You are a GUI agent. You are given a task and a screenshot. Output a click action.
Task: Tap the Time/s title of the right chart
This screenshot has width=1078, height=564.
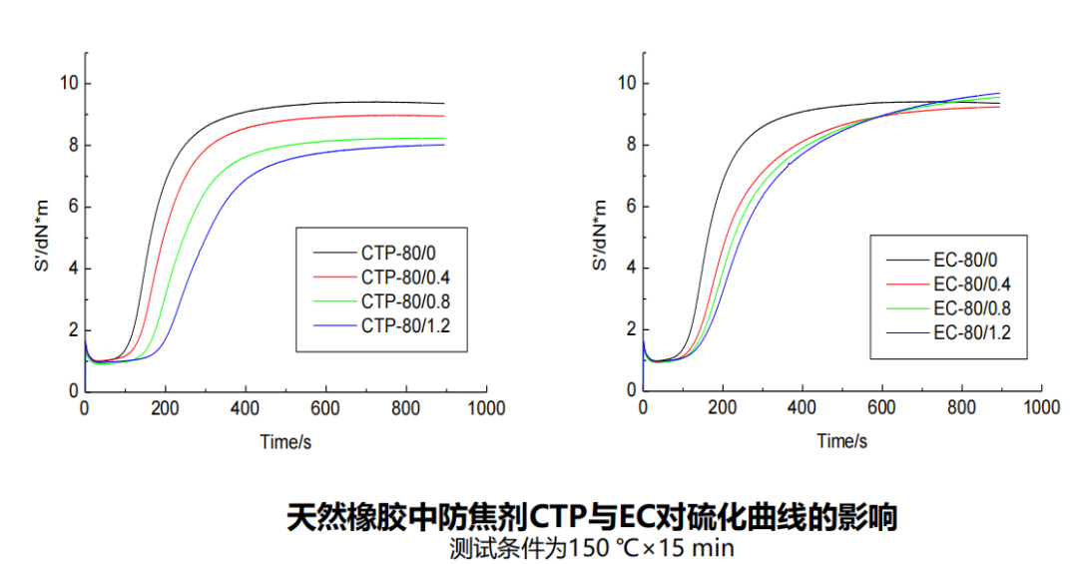(x=841, y=441)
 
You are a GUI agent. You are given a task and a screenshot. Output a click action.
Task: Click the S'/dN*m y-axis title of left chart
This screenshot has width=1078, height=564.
(x=40, y=236)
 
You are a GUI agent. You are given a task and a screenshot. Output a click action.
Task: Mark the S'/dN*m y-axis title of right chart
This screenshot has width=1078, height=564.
(x=599, y=236)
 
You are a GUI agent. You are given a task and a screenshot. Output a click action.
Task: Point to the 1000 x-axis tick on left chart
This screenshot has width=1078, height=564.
(x=485, y=408)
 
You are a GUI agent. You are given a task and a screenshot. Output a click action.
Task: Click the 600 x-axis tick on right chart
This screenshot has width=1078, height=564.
(x=881, y=408)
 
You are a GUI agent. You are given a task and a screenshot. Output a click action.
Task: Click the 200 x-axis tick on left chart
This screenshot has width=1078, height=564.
(x=165, y=408)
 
